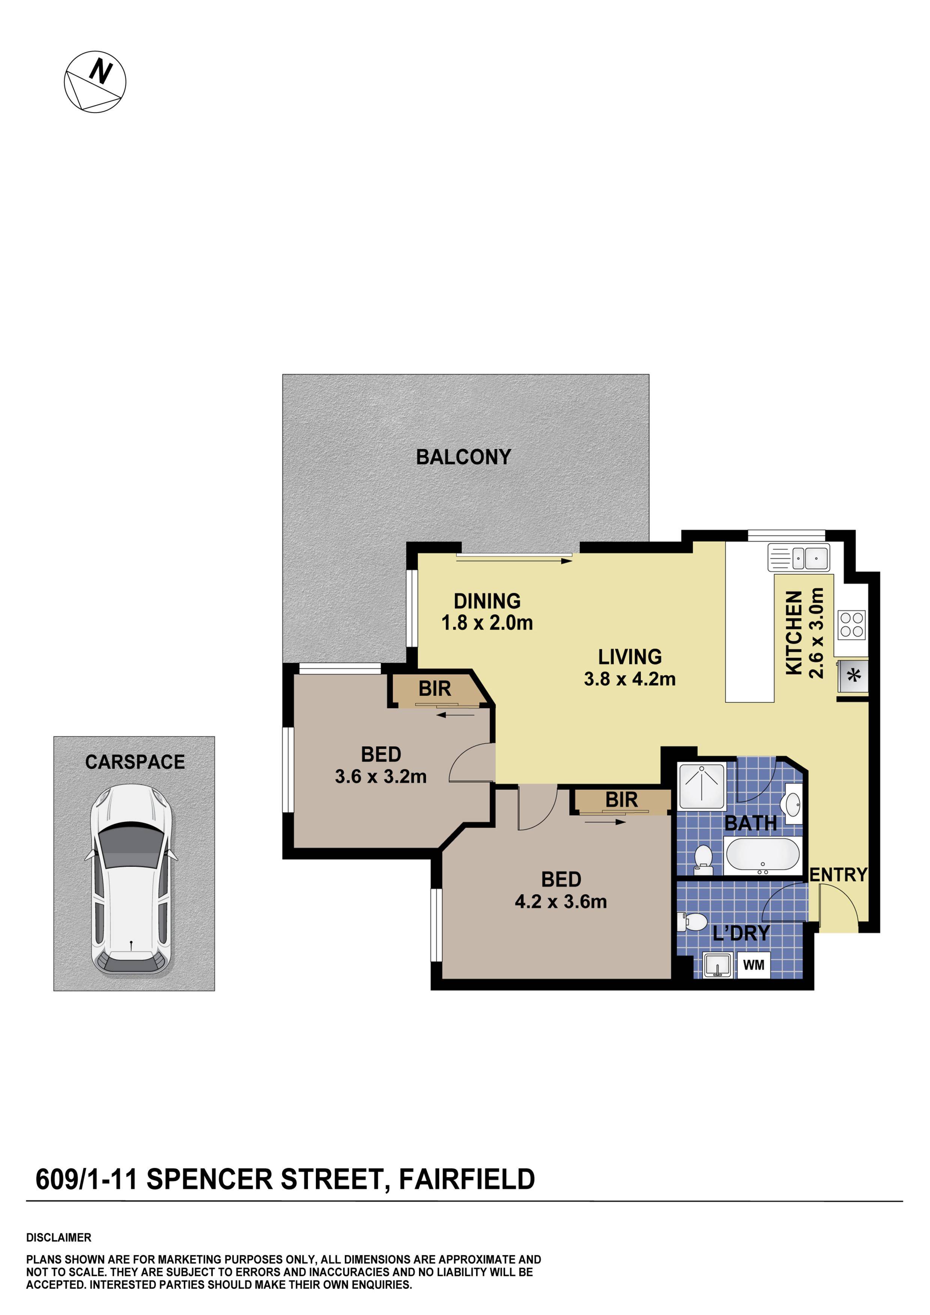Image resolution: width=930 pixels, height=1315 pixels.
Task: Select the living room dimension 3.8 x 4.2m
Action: pos(630,679)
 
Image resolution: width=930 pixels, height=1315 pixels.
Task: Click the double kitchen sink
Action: pos(798,557)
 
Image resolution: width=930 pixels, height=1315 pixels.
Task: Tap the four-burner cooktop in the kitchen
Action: pos(851,624)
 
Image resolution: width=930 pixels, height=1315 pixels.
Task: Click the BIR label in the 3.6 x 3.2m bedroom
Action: pos(434,689)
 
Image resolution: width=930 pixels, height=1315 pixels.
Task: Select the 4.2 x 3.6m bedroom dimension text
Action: pos(560,902)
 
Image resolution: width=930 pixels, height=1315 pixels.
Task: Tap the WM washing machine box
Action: pos(754,966)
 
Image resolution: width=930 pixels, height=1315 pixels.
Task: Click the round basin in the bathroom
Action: pos(793,805)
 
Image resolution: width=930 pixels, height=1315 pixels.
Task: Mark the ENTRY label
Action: pos(838,875)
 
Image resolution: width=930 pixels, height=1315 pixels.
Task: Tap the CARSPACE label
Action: pos(135,762)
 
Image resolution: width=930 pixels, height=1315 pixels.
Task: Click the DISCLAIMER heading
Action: pos(59,1238)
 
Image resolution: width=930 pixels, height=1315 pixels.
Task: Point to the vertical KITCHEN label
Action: pos(793,633)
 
